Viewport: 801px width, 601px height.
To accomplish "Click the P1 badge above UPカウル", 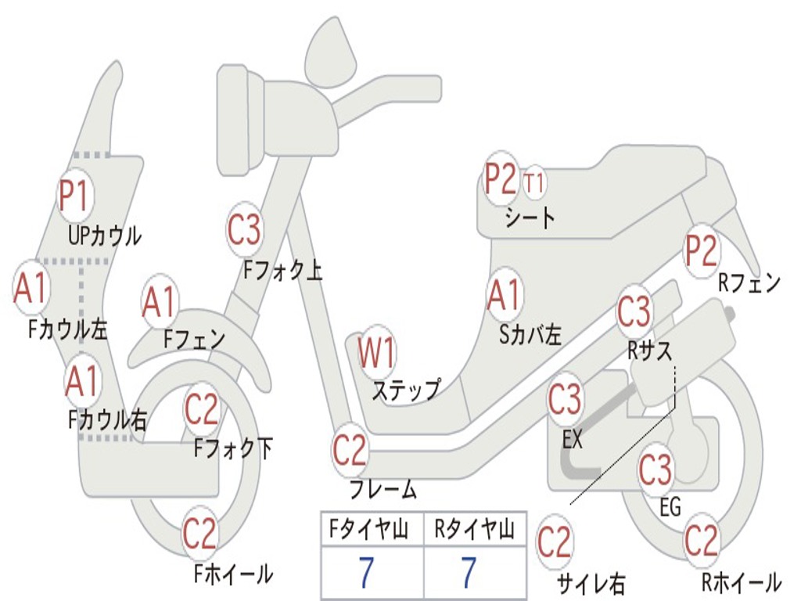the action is (x=76, y=195).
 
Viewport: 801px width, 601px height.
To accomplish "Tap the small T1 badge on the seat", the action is (x=534, y=183).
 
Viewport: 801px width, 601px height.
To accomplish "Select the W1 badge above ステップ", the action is (x=377, y=353).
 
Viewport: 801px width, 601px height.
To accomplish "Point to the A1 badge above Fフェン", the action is (x=160, y=302).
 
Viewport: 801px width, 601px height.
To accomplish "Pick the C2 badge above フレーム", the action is (x=350, y=450).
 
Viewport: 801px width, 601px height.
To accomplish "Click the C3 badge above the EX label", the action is (x=565, y=400).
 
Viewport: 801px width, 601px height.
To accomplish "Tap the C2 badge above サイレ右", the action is (x=555, y=542).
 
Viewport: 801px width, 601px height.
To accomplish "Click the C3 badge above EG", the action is (x=656, y=470).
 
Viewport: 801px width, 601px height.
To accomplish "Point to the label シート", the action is (x=530, y=217).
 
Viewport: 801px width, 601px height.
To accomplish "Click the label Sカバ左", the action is (x=531, y=335).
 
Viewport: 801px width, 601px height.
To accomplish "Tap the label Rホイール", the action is (x=741, y=582).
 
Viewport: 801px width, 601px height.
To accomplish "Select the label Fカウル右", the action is (x=107, y=420).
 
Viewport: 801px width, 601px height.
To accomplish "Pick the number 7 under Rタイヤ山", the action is (x=469, y=574).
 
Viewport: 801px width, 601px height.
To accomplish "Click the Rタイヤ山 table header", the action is (x=474, y=531).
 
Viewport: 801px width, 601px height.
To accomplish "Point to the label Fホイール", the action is (x=233, y=574).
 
